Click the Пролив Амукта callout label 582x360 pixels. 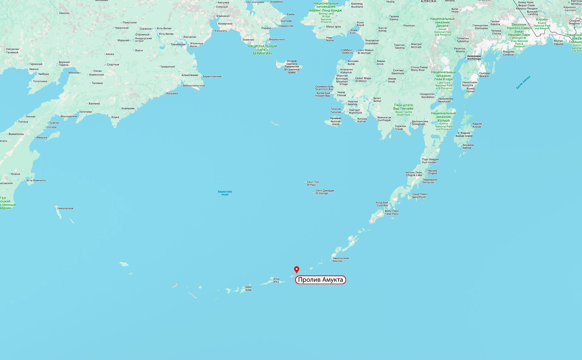pyautogui.click(x=320, y=280)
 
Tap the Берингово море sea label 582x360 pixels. pyautogui.click(x=225, y=193)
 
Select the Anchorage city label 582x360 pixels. pyautogui.click(x=474, y=57)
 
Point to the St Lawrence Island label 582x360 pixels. pyautogui.click(x=292, y=67)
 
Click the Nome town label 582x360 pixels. pyautogui.click(x=330, y=39)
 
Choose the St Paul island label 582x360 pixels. pyautogui.click(x=313, y=183)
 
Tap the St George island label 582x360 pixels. pyautogui.click(x=324, y=192)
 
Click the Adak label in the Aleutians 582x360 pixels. pyautogui.click(x=249, y=288)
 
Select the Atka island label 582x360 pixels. pyautogui.click(x=276, y=280)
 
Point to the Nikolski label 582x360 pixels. pyautogui.click(x=340, y=260)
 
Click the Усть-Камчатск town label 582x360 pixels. pyautogui.click(x=36, y=180)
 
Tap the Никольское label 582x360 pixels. pyautogui.click(x=65, y=208)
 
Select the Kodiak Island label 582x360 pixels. pyautogui.click(x=464, y=134)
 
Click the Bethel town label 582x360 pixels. pyautogui.click(x=377, y=99)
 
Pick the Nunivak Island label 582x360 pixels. pyautogui.click(x=336, y=121)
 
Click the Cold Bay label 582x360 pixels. pyautogui.click(x=382, y=204)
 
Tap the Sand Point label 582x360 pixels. pyautogui.click(x=420, y=196)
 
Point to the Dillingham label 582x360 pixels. pyautogui.click(x=420, y=123)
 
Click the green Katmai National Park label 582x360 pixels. pyautogui.click(x=443, y=121)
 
